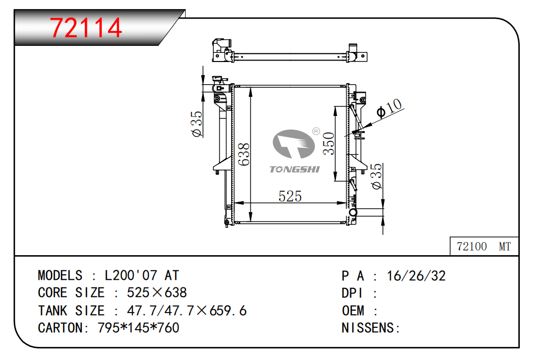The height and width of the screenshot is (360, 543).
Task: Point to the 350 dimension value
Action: (329, 144)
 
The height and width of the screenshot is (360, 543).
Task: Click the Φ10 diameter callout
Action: (390, 108)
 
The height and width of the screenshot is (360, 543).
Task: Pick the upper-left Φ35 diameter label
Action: (196, 124)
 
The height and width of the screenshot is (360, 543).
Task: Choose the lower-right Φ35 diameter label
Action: (376, 176)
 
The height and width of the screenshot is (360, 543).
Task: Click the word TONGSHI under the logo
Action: (294, 169)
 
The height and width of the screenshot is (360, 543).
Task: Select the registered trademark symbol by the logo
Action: (316, 131)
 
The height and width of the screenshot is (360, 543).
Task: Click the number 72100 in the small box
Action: (471, 247)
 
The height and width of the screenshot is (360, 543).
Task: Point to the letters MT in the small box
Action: (505, 247)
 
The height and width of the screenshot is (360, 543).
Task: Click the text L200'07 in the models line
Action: (132, 275)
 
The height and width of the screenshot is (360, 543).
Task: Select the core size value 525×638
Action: (156, 293)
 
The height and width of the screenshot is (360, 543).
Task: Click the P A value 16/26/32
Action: (416, 275)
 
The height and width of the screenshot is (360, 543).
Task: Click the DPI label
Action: (353, 293)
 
